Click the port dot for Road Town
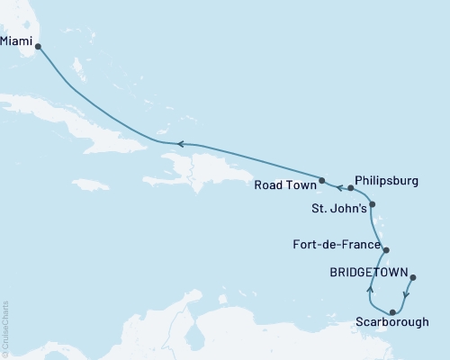321,179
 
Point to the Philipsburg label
386,180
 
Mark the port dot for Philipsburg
350,188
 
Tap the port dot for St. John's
373,205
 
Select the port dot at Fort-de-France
385,250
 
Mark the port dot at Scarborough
392,311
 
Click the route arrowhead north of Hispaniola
180,144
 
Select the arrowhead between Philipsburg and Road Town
340,187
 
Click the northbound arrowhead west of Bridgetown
370,290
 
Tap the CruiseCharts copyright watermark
5,328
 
